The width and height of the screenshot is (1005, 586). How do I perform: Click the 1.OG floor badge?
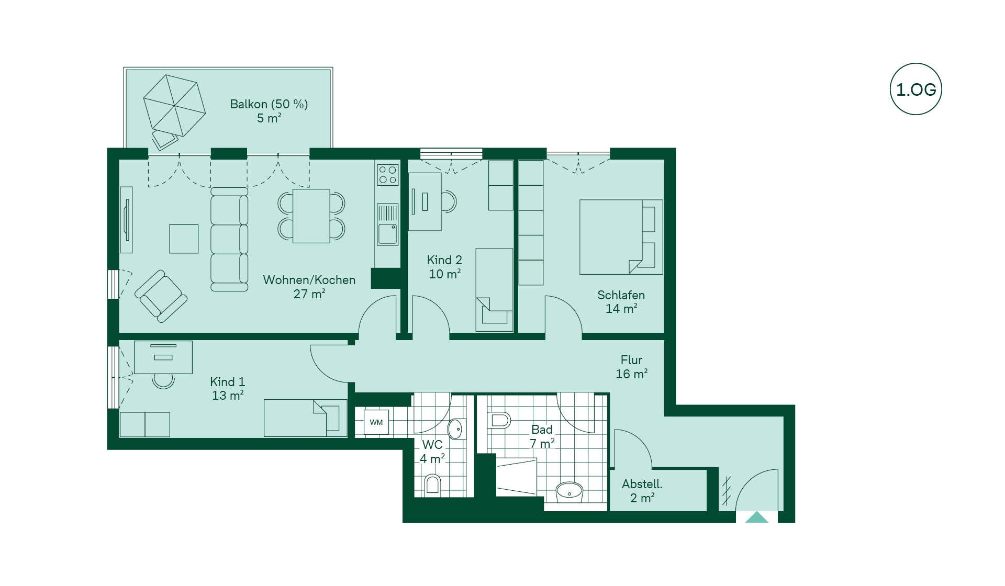coord(915,89)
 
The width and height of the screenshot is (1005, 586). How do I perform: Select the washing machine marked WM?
coord(376,422)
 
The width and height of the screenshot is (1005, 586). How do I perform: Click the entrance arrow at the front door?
coord(757,517)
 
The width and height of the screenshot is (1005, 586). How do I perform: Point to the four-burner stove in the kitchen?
coord(388,175)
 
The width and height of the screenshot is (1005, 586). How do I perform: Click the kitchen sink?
coord(388,225)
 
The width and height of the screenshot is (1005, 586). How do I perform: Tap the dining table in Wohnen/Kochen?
coord(311,216)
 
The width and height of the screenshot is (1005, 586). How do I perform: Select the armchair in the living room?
coord(161,296)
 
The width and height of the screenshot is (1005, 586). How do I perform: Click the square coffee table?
coord(184,239)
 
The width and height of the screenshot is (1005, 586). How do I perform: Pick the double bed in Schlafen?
coord(621,237)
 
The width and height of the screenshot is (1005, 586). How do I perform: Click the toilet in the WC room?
coord(432,484)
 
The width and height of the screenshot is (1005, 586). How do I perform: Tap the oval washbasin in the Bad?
coord(569,492)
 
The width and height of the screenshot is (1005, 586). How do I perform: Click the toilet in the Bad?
coord(499,421)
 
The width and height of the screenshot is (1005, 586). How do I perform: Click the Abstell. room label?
coord(642,491)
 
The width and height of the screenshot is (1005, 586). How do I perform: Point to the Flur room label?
coord(631,367)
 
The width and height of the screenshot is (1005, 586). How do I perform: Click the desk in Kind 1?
coord(163,357)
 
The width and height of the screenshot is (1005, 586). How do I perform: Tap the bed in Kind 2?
coord(494,290)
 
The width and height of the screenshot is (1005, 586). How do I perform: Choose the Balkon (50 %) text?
coord(269,104)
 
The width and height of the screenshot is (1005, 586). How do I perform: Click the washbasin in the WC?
coord(456,429)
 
